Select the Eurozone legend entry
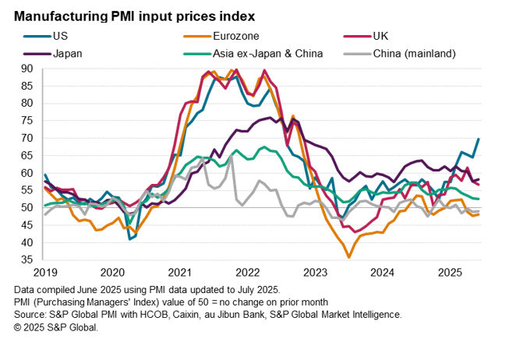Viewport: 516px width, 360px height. pos(236,35)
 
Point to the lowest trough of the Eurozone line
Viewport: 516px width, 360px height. pos(349,256)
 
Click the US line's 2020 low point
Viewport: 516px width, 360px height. pos(129,238)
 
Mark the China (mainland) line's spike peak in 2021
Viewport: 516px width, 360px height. pos(231,157)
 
